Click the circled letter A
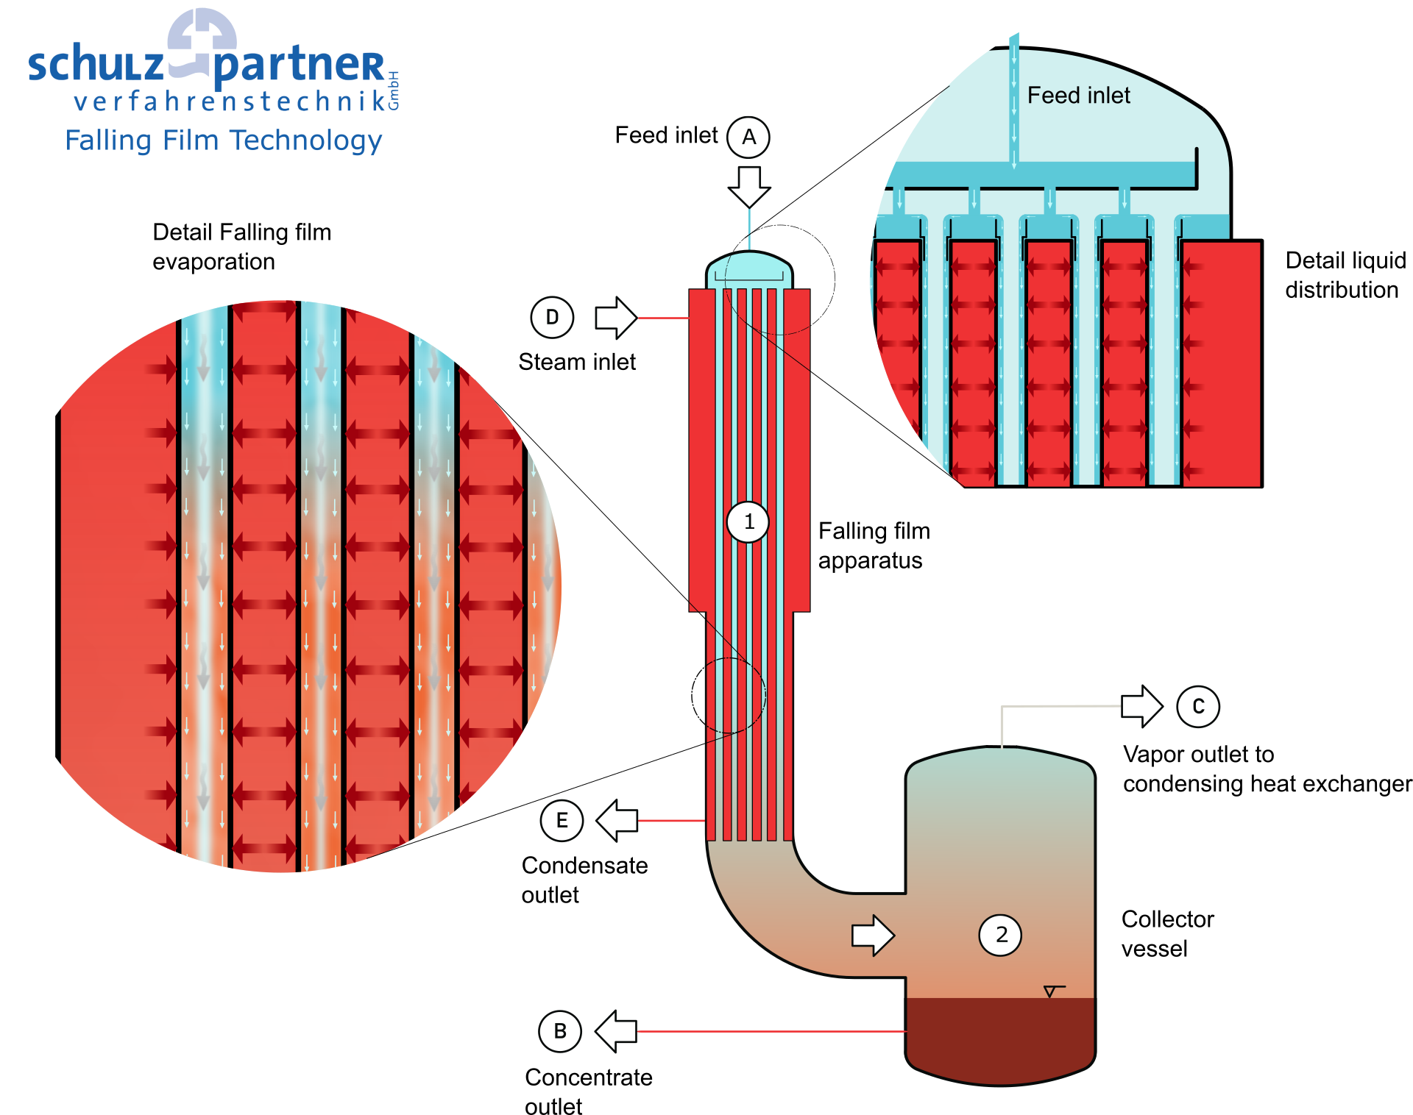(748, 138)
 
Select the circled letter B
(560, 1031)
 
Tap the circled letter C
(1198, 707)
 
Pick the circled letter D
(552, 318)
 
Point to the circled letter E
(562, 820)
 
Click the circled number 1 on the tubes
(748, 522)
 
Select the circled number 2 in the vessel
(1000, 935)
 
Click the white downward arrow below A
(749, 186)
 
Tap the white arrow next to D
(615, 318)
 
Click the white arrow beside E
(617, 820)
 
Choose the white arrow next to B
(616, 1031)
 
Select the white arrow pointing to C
(1141, 707)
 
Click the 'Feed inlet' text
(1078, 96)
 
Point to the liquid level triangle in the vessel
(1050, 991)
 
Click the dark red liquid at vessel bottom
(999, 1037)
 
